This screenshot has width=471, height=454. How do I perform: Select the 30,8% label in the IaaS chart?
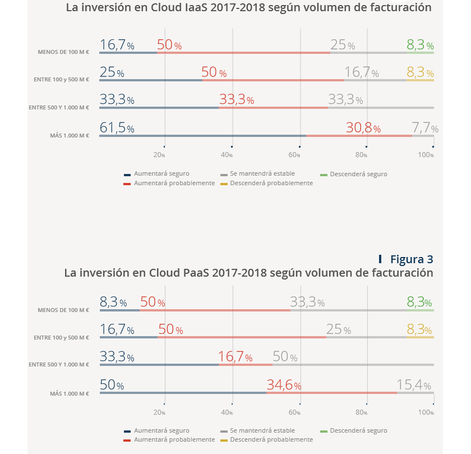(363, 128)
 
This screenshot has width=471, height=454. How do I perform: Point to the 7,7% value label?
(424, 128)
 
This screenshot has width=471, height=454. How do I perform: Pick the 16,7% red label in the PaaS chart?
(235, 357)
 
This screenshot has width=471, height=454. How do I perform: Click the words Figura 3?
(411, 259)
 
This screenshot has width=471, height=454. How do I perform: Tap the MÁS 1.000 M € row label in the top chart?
(70, 135)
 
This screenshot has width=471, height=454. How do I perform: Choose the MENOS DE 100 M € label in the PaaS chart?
(63, 310)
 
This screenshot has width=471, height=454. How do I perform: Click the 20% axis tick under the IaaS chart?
(159, 155)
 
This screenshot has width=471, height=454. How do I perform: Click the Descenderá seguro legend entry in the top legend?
(358, 174)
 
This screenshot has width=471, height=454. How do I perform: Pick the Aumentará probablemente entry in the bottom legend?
(174, 439)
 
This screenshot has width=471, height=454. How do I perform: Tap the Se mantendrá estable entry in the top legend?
(262, 174)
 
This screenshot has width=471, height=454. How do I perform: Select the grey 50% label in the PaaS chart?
(285, 357)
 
